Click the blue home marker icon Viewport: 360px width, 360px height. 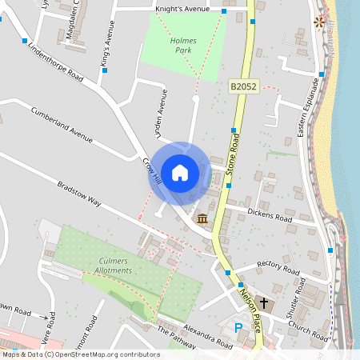click(180, 172)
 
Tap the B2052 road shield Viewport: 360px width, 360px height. click(242, 85)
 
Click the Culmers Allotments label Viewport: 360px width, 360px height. click(114, 266)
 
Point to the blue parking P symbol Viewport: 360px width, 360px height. click(238, 326)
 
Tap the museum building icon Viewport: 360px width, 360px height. click(202, 218)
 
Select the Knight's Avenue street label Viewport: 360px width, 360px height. click(182, 9)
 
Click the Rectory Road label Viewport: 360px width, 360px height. click(277, 266)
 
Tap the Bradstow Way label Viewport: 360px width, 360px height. click(78, 194)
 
